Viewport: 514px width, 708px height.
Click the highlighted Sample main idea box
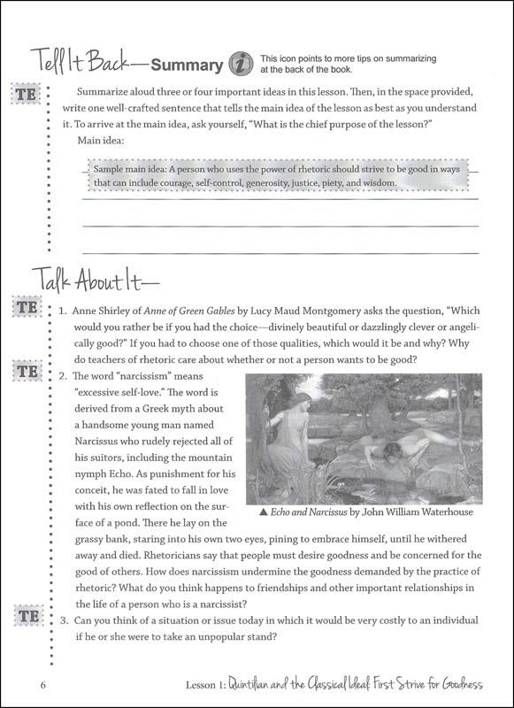(x=265, y=175)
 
